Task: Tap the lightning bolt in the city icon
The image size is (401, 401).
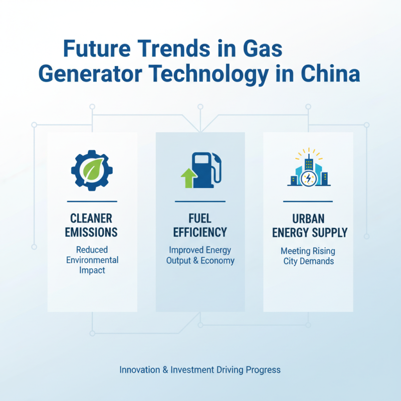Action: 308,178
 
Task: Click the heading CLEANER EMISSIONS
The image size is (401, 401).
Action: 92,225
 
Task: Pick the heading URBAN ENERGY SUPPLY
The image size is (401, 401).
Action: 308,225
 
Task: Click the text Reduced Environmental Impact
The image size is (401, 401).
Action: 92,260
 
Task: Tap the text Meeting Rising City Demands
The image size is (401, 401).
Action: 308,256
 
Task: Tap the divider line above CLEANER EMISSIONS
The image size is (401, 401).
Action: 92,202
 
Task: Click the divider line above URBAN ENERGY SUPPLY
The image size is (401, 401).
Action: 308,202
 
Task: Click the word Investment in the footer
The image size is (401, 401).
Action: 192,370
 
